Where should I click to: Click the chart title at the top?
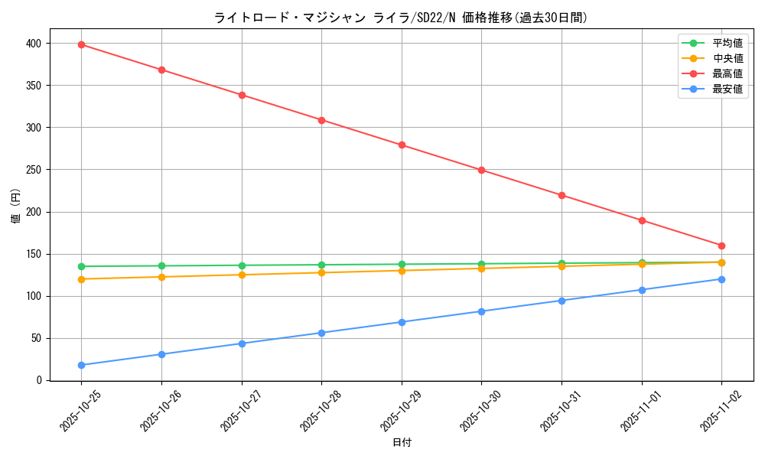(x=401, y=18)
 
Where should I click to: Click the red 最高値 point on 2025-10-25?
(x=81, y=44)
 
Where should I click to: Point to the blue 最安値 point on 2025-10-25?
(x=81, y=365)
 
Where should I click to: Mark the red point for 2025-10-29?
(x=402, y=145)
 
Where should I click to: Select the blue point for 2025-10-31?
(x=562, y=301)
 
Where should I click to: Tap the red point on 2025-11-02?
(x=721, y=246)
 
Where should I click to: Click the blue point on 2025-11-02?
(x=721, y=279)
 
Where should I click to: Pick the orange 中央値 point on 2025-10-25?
(x=81, y=279)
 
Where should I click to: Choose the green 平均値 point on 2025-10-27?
(x=242, y=265)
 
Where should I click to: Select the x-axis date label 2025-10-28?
(x=314, y=411)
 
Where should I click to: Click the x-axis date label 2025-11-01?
(x=635, y=411)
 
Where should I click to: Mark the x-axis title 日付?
(x=402, y=443)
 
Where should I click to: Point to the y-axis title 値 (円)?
(x=16, y=207)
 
